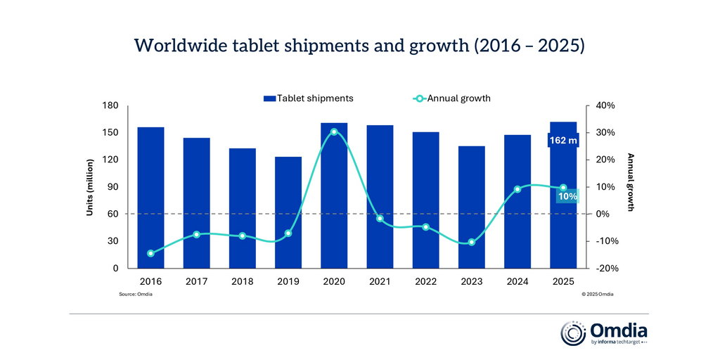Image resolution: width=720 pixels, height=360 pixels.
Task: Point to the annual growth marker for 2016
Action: pos(150,253)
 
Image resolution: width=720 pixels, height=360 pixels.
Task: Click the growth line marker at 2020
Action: pos(334,131)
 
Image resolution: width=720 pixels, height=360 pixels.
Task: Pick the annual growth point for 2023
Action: pos(471,243)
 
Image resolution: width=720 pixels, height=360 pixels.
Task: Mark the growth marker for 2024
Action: pos(517,189)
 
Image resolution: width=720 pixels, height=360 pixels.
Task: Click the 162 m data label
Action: pos(562,141)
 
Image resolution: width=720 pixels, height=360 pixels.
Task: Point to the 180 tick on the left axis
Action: pos(111,105)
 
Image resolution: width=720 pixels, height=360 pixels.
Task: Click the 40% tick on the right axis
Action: pos(605,105)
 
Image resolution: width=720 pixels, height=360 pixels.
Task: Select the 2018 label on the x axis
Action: pos(242,282)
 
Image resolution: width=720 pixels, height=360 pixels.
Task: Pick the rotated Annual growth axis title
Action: pos(631,183)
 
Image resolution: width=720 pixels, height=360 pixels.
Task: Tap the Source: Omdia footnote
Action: pos(136,294)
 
